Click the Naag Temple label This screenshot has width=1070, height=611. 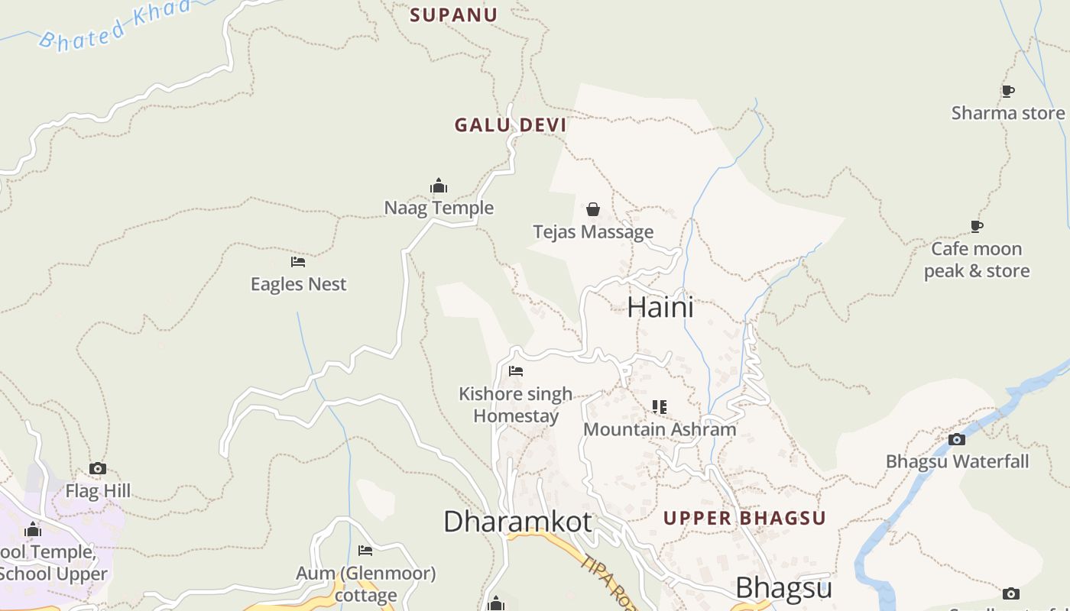pos(439,208)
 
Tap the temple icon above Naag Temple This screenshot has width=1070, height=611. pos(439,186)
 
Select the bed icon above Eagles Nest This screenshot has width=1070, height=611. pos(298,262)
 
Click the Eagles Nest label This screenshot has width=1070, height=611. pos(298,284)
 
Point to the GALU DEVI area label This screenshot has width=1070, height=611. pos(511,125)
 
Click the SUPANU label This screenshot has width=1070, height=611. pos(454,15)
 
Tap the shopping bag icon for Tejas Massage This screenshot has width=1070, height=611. pos(593,209)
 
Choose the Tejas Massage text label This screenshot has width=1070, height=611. pos(593,231)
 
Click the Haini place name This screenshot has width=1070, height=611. pos(660,307)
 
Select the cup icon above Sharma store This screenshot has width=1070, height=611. pos(1008,92)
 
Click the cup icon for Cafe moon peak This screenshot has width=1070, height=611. pos(977,226)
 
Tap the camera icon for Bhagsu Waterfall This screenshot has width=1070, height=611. pos(957,439)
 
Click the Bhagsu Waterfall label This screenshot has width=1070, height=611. pos(957,461)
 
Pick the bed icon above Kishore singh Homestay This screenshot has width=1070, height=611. pos(516,371)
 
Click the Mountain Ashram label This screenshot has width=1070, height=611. pos(660,429)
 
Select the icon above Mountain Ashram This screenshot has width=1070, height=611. pos(660,407)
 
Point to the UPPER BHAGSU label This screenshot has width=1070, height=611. pos(744,518)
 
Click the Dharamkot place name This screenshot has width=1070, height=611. pos(517,522)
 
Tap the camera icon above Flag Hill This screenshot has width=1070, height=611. pos(98,469)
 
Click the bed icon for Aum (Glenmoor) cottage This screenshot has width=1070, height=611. pos(365,551)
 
